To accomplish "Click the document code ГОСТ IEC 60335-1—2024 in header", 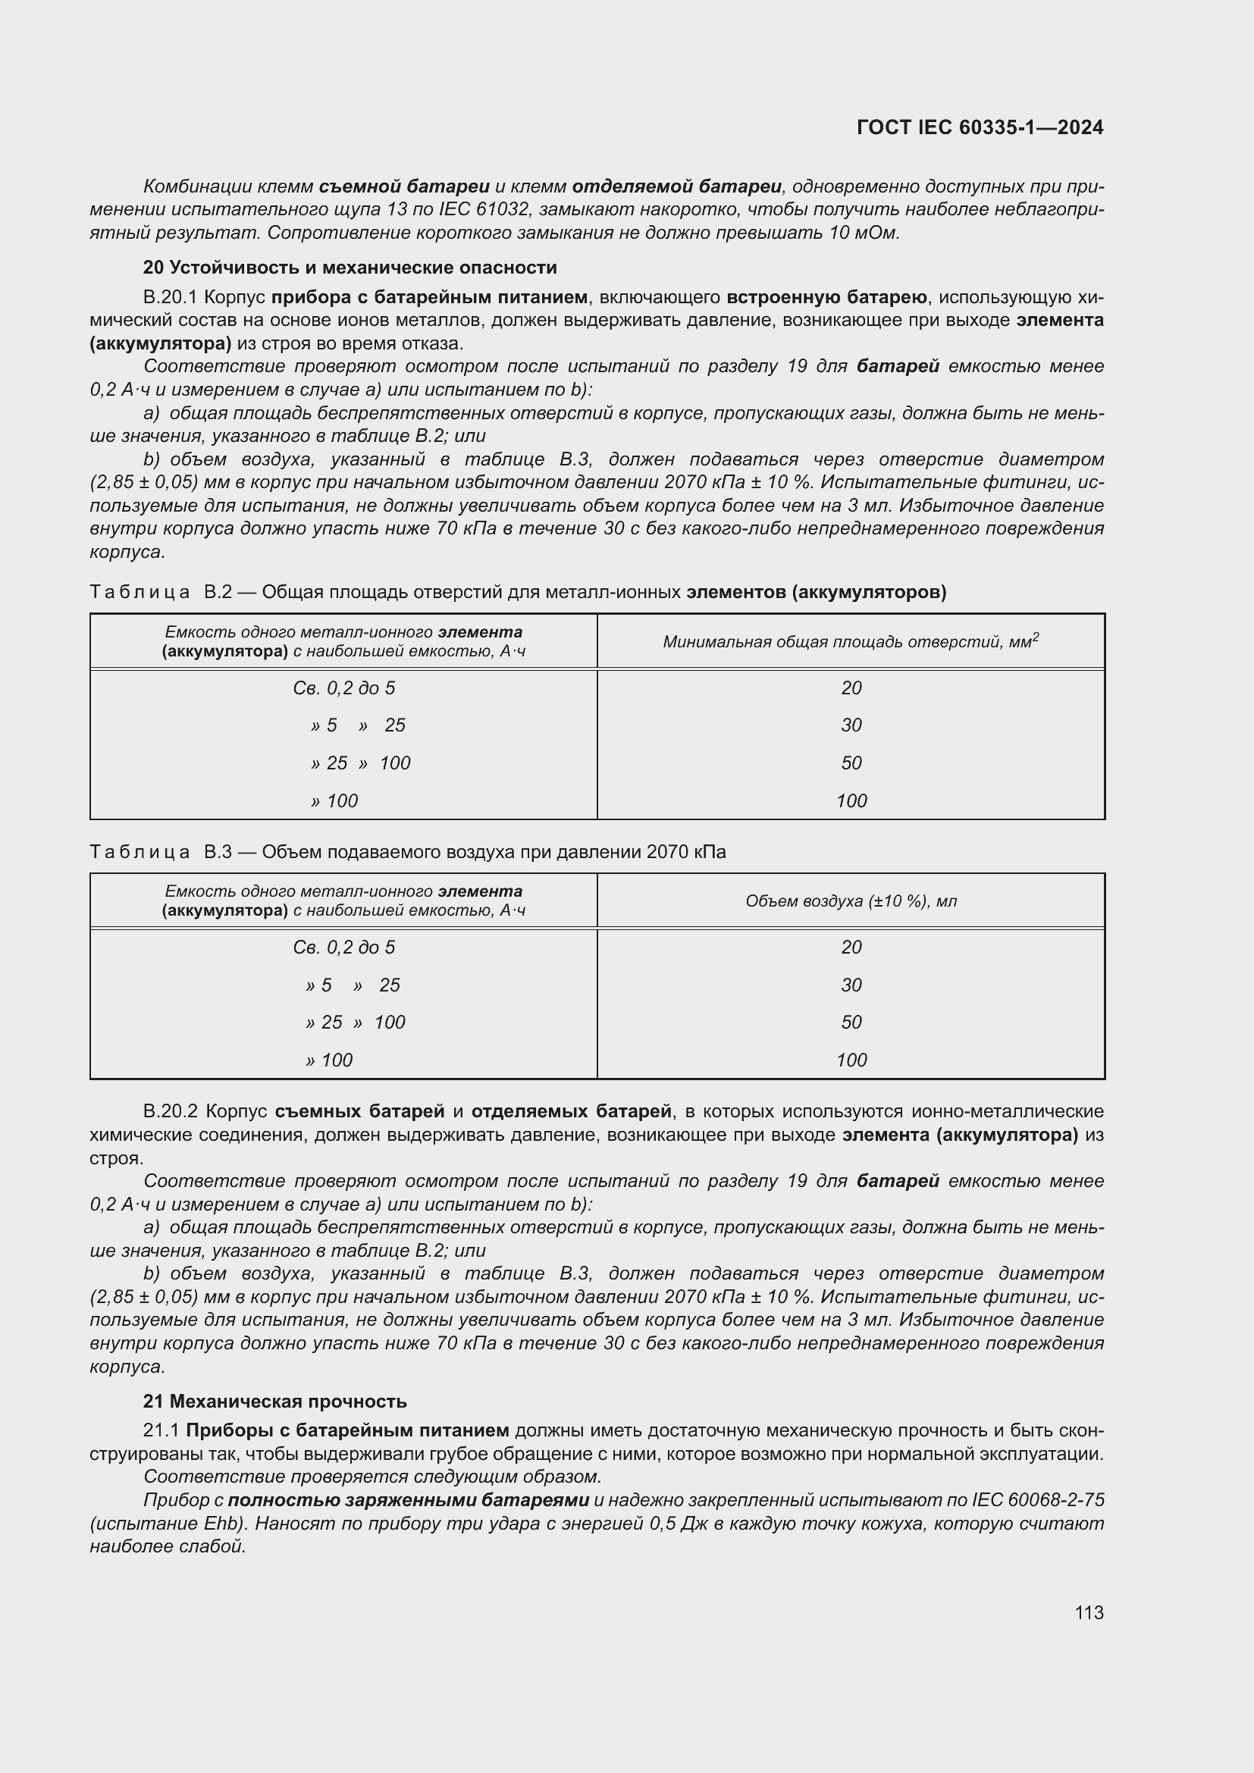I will pos(979,127).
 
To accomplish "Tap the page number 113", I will pos(1088,1613).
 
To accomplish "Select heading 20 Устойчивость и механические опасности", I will pos(350,267).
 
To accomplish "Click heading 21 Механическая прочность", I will pos(275,1401).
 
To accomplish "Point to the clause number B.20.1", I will pos(171,297).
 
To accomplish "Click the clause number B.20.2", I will pos(171,1111).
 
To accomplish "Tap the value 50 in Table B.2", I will pos(851,763).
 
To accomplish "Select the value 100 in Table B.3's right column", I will pos(851,1060).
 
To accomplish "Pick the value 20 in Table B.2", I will pos(851,688).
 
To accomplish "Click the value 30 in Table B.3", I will pos(851,985).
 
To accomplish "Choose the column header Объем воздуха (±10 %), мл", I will pos(851,901).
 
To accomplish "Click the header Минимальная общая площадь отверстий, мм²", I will pos(851,641).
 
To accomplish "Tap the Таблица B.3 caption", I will pos(408,852).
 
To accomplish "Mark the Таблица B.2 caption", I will pos(517,592).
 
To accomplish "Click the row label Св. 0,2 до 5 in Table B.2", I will pos(343,688).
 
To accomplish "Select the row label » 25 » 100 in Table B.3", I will pos(355,1023).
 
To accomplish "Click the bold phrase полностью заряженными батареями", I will pos(409,1499).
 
